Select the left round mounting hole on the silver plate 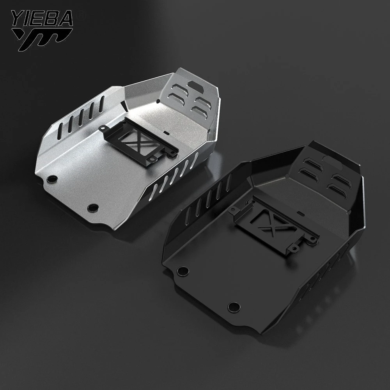click(x=51, y=179)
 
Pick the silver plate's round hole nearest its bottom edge click(x=92, y=207)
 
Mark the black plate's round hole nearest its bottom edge click(x=233, y=307)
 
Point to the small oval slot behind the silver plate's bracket click(x=167, y=133)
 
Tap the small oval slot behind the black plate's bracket click(x=303, y=214)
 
